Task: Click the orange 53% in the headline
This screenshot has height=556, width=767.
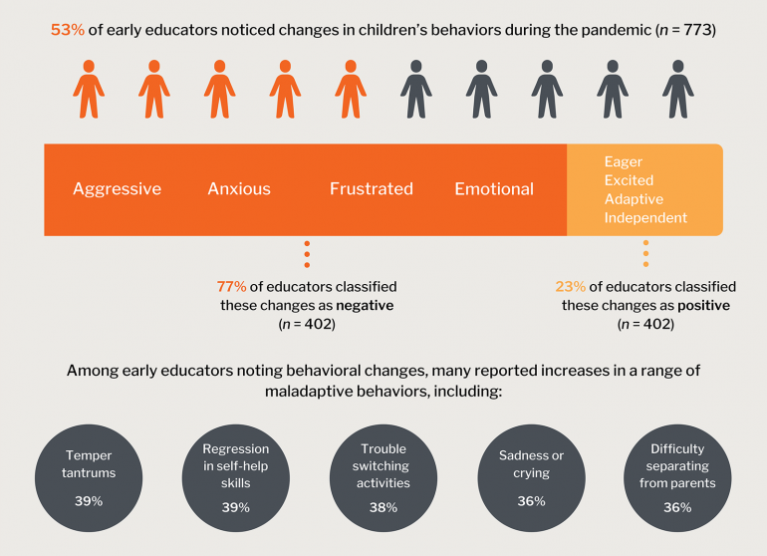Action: tap(68, 30)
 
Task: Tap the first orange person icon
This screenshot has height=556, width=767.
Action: tap(89, 89)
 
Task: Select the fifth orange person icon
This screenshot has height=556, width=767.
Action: tap(351, 89)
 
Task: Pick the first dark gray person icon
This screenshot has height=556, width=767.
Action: tap(416, 89)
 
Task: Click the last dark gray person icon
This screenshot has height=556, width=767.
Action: tap(678, 89)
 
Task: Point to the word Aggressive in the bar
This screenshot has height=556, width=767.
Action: tap(117, 189)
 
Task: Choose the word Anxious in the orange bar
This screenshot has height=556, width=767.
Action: tap(239, 189)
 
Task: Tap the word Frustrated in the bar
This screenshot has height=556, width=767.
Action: tap(372, 189)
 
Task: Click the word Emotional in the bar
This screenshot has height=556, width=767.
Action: tap(494, 189)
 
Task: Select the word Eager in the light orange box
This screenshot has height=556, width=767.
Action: tap(624, 162)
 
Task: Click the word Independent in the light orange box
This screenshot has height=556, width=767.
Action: tap(645, 217)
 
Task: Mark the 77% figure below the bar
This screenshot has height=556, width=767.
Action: tap(231, 286)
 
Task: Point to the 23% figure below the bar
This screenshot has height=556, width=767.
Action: tap(571, 286)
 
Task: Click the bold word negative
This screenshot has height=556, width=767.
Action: tap(365, 306)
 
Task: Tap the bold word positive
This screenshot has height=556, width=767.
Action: tap(704, 306)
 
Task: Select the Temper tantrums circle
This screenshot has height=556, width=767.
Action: tap(89, 478)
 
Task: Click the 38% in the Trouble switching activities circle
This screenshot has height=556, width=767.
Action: tap(383, 507)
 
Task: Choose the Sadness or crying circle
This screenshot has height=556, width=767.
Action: tap(531, 478)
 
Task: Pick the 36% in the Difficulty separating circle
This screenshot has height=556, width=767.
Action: tap(677, 507)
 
